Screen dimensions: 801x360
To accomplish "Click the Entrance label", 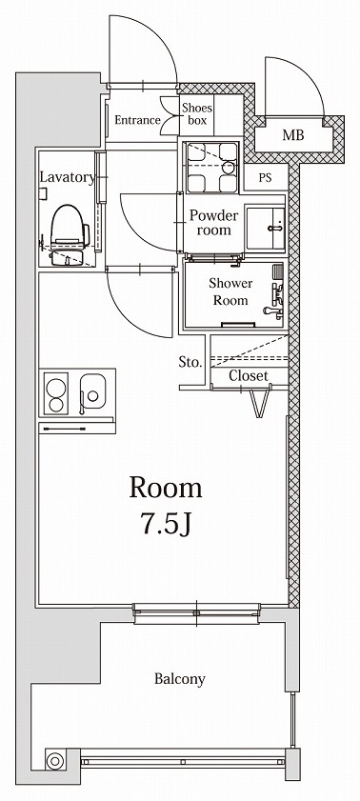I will coord(137,120).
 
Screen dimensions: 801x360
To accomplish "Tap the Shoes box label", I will coord(198,113).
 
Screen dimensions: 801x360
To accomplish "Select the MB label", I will coord(294,136).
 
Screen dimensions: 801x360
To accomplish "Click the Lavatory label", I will coord(67,177).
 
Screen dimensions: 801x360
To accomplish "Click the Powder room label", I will coord(213,222).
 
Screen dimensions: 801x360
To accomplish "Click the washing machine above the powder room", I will coord(210,166).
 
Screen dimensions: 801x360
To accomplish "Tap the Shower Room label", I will coord(230,291).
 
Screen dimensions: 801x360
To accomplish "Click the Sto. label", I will coord(190,362).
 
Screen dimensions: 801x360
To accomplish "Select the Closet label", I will coord(248,375).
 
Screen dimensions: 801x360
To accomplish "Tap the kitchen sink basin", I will coord(94,390).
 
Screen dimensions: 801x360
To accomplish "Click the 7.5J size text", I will coord(166,523).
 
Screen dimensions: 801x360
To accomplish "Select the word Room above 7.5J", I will coord(166,489).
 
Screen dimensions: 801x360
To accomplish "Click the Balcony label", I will coord(179,679).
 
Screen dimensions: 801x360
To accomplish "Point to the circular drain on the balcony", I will coord(54,760).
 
